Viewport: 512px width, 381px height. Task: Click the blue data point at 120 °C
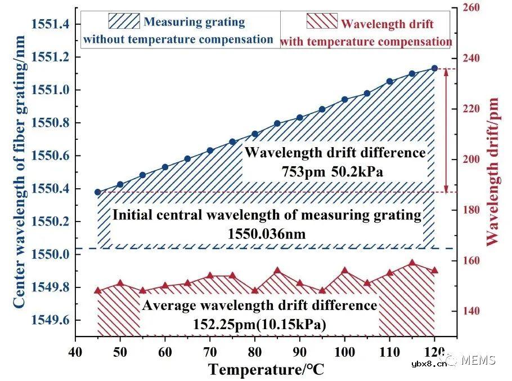click(x=434, y=68)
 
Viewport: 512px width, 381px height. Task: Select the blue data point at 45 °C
click(x=97, y=192)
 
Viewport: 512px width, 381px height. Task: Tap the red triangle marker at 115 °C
click(x=412, y=263)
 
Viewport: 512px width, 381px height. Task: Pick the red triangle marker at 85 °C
click(x=277, y=271)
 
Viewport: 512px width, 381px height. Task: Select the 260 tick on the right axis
click(x=470, y=7)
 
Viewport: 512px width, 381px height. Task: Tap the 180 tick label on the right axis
click(x=470, y=210)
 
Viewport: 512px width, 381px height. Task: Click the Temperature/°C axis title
click(x=266, y=370)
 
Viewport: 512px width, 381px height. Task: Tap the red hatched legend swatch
click(x=321, y=22)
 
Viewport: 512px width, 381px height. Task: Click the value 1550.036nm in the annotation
click(x=266, y=232)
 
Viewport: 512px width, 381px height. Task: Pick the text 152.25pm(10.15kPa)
click(x=259, y=324)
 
